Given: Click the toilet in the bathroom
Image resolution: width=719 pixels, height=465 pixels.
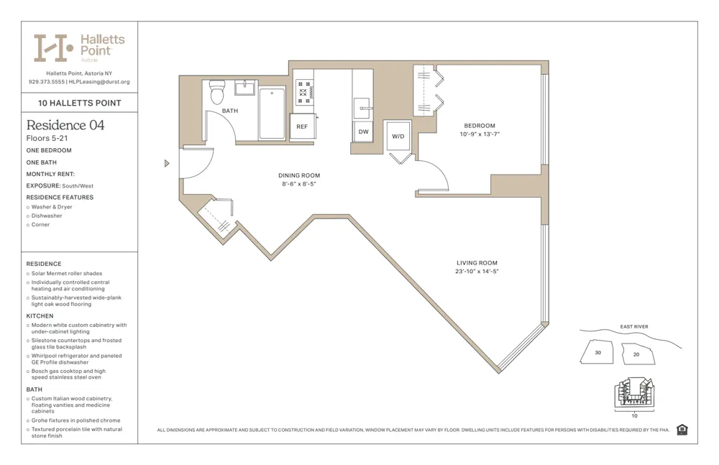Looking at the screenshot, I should (217, 91).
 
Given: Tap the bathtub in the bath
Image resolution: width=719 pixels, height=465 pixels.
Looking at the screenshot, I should (272, 113).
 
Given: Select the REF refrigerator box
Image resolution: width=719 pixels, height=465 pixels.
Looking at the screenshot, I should (303, 126).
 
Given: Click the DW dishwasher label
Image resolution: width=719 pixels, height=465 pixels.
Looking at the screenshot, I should (363, 132).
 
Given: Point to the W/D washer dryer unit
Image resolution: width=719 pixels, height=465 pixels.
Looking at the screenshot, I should (398, 136).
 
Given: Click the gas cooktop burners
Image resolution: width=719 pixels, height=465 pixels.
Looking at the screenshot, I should (304, 92).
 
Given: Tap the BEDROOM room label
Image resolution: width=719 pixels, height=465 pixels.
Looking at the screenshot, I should (480, 126).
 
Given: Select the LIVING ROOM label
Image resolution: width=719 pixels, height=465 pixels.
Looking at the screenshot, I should (477, 263).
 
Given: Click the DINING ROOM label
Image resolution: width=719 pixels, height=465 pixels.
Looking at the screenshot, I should (299, 175).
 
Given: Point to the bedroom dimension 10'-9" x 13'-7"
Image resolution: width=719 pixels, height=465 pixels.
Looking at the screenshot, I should (480, 134).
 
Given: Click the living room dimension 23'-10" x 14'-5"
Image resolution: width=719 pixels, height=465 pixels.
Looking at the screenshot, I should (477, 272).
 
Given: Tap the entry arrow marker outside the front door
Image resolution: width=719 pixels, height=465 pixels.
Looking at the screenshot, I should (167, 163).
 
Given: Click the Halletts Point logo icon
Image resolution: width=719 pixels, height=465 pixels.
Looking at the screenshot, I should (54, 47).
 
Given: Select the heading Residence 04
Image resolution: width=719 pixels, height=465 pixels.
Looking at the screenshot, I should (65, 125).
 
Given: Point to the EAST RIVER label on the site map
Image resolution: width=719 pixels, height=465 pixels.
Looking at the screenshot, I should (634, 327).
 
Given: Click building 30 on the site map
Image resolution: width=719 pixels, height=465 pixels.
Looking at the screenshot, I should (598, 352).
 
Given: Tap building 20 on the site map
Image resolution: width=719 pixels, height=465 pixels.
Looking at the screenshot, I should (636, 354).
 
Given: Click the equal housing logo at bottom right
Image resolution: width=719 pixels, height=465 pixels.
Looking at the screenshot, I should (682, 430).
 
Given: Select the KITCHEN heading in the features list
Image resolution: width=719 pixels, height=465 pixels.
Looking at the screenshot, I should (40, 316).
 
